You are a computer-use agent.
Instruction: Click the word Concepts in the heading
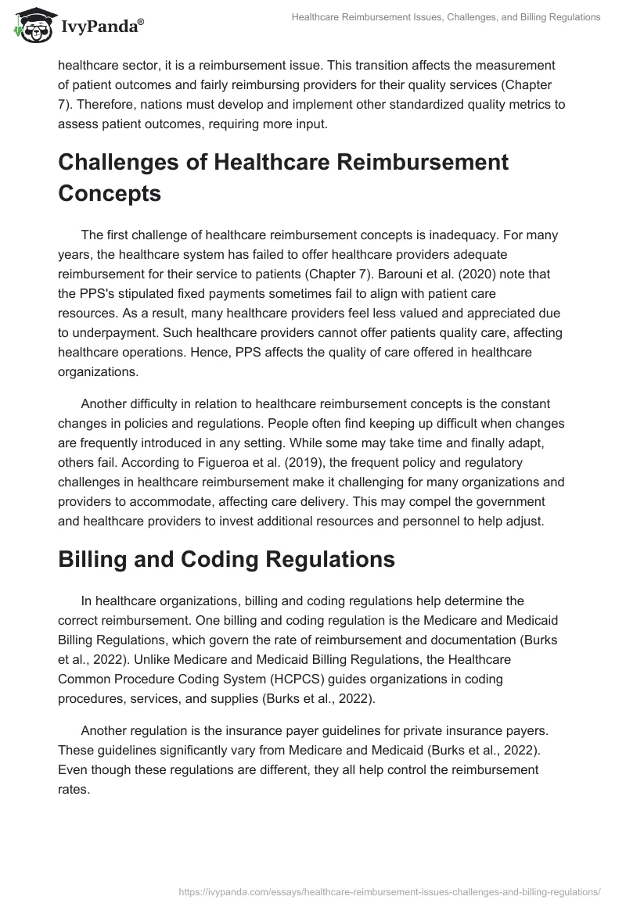(x=110, y=193)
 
